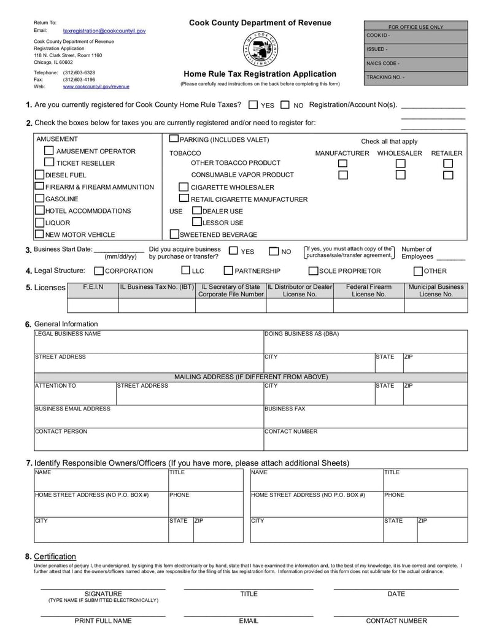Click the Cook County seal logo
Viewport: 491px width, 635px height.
click(261, 48)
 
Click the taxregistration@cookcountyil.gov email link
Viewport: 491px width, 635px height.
click(104, 30)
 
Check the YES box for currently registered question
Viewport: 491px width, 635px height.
click(253, 105)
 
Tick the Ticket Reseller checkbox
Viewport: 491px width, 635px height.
click(49, 163)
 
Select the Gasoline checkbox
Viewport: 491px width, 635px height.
click(40, 198)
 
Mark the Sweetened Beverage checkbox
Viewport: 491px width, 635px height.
click(174, 234)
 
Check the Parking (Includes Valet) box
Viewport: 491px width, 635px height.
click(174, 139)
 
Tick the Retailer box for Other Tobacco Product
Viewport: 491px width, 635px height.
click(448, 163)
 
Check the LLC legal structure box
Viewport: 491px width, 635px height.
click(185, 270)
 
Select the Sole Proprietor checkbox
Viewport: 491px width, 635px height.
click(313, 271)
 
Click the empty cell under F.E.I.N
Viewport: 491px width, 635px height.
click(93, 305)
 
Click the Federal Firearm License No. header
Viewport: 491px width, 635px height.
click(368, 290)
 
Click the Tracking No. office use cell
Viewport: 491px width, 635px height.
click(416, 78)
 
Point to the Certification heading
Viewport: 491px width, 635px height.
click(55, 556)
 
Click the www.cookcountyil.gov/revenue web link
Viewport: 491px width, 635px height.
click(96, 87)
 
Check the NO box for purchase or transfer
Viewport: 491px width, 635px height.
click(274, 252)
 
